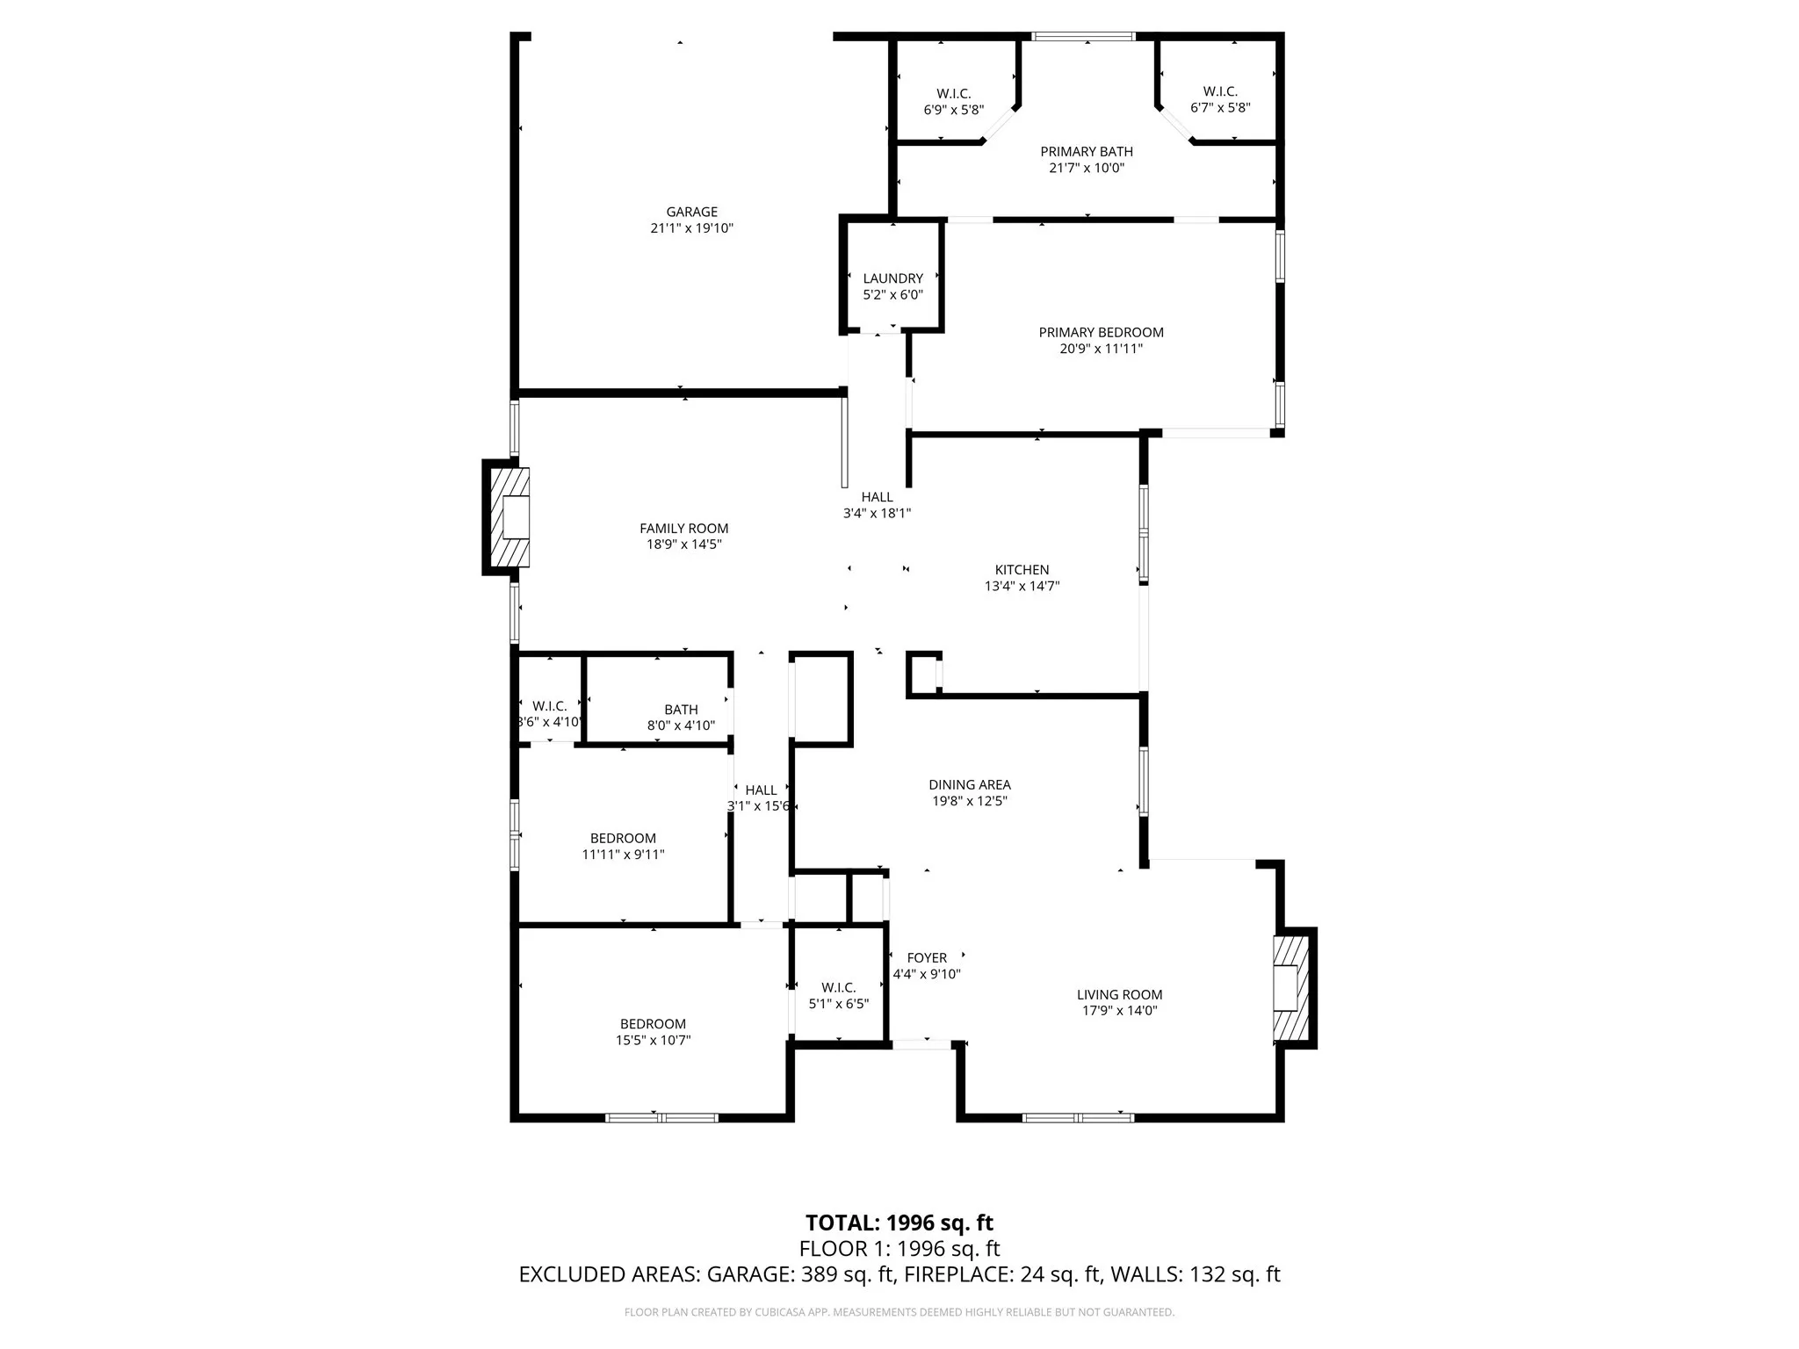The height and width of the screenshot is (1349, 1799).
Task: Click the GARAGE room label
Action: (x=691, y=212)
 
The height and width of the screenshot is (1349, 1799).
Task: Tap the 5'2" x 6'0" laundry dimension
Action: (x=892, y=295)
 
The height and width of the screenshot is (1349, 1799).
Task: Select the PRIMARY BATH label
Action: (x=1087, y=152)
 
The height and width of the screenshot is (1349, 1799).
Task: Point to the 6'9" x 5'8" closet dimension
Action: (x=953, y=110)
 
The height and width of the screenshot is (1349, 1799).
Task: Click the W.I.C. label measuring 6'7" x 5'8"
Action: (x=1220, y=91)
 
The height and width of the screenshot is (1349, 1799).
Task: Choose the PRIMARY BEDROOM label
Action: (x=1101, y=332)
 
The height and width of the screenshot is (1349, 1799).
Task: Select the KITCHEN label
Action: (x=1022, y=570)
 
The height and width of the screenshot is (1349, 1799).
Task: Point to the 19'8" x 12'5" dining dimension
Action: (x=969, y=801)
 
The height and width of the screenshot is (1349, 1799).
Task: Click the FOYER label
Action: (x=927, y=958)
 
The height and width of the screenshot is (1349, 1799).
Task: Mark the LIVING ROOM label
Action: (x=1119, y=995)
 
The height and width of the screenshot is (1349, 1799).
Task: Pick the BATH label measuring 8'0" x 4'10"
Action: (x=681, y=710)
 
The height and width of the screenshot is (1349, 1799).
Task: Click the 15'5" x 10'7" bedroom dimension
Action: (x=653, y=1041)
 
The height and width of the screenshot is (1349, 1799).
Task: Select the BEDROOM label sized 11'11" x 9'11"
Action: (x=623, y=839)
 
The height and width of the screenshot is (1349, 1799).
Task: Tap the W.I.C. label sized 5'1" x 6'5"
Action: (x=838, y=988)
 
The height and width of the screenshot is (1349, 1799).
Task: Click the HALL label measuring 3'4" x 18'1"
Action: (x=877, y=497)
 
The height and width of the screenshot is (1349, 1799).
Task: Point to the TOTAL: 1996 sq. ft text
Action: (x=899, y=1223)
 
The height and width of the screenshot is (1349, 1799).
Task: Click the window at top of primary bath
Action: (x=1083, y=37)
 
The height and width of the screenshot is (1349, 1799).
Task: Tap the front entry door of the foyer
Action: (x=921, y=1043)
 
